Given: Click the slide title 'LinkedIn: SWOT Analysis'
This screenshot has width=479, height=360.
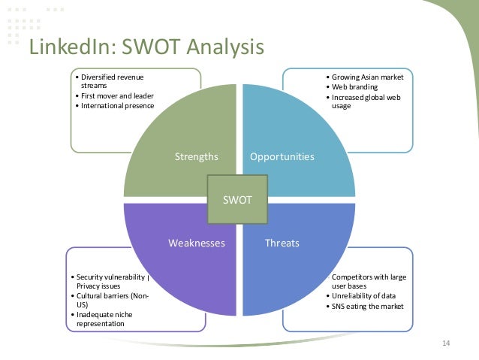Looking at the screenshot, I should tap(146, 47).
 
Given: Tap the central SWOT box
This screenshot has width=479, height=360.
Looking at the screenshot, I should tap(239, 201).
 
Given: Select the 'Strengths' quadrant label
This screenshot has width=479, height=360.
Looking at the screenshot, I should tap(196, 157).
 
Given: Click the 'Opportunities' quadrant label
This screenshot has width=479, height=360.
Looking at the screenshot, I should tap(282, 157).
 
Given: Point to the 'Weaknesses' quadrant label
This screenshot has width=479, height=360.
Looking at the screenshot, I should tap(197, 244).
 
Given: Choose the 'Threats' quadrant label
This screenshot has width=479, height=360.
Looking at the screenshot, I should tap(282, 244).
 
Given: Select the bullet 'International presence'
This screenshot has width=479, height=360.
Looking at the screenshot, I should tap(116, 106).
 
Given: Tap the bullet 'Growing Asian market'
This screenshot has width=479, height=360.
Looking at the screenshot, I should tap(367, 77).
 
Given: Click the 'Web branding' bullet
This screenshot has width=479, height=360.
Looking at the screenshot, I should tap(355, 87).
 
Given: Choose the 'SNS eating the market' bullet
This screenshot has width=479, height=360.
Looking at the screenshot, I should tap(366, 306).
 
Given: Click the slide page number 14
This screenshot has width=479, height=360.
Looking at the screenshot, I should tap(445, 343).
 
